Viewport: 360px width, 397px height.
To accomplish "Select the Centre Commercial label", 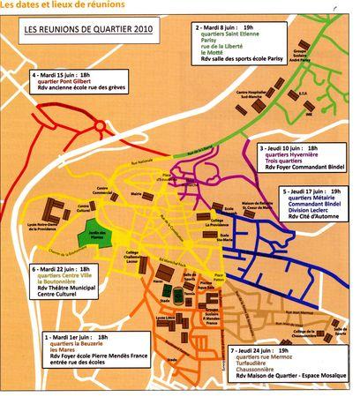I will point(103,191).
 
